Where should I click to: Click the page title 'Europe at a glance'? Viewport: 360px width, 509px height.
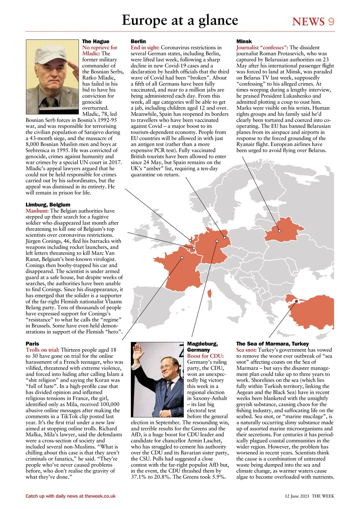[x=179, y=20]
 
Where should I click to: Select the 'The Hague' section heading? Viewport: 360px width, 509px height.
[x=95, y=41]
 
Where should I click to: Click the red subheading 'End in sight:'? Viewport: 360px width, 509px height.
[x=145, y=47]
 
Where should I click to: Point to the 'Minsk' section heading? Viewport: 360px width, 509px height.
[x=244, y=41]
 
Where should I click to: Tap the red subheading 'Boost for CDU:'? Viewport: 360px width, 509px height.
[x=205, y=356]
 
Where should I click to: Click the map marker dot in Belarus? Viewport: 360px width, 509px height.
[x=279, y=231]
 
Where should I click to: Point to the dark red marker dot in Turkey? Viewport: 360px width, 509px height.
[x=296, y=301]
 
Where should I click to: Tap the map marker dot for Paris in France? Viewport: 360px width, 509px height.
[x=182, y=258]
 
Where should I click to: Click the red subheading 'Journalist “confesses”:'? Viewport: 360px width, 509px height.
[x=262, y=47]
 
